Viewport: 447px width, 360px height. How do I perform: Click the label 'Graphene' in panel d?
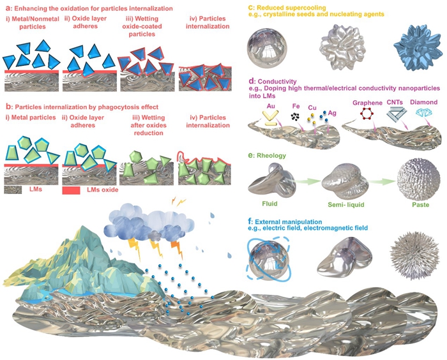tap(367, 103)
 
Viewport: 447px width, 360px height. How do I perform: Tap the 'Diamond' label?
tap(423, 102)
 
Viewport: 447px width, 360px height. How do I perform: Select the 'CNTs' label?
tap(395, 102)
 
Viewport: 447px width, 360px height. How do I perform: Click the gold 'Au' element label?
tap(271, 106)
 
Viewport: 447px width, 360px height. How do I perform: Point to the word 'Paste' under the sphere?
tap(420, 205)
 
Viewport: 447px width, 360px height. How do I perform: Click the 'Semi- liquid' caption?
tap(346, 205)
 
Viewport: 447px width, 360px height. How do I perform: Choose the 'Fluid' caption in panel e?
tap(269, 204)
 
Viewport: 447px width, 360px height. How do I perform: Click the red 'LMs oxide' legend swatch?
tap(71, 190)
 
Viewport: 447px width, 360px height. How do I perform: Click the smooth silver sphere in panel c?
tap(267, 49)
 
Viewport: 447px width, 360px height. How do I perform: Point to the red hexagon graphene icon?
tap(367, 114)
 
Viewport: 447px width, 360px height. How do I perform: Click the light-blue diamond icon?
tap(423, 112)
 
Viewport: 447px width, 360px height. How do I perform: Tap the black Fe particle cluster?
tap(295, 116)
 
